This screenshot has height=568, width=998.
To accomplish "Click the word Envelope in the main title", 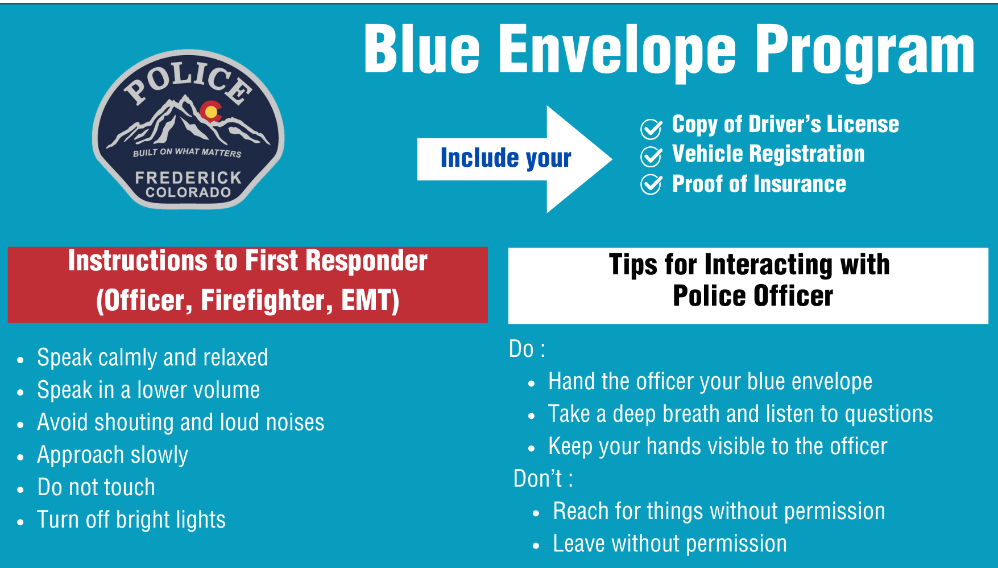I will point(617,51).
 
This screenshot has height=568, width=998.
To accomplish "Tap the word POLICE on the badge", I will point(188,83).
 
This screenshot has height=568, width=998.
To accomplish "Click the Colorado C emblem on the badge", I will point(211,112).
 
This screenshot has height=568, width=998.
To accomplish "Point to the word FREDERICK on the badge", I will point(188,178).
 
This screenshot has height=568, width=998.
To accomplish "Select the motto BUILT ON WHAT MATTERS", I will point(187,152).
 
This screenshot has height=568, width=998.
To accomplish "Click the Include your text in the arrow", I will point(506,158).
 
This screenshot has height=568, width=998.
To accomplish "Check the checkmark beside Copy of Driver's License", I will point(651,129).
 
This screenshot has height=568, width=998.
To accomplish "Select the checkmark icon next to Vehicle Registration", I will point(651,156).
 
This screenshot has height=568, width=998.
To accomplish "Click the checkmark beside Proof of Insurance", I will point(651,184).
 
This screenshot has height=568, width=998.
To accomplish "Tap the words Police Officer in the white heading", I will point(752,297).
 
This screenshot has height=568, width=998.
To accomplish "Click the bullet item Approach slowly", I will point(113,455).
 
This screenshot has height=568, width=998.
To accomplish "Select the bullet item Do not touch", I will point(96,487).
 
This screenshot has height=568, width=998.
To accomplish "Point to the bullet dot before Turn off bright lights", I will point(20,522).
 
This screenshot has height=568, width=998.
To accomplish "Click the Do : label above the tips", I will point(527,349).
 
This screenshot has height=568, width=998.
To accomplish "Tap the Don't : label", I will point(543,479).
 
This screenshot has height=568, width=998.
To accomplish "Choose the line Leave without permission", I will point(669,544).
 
